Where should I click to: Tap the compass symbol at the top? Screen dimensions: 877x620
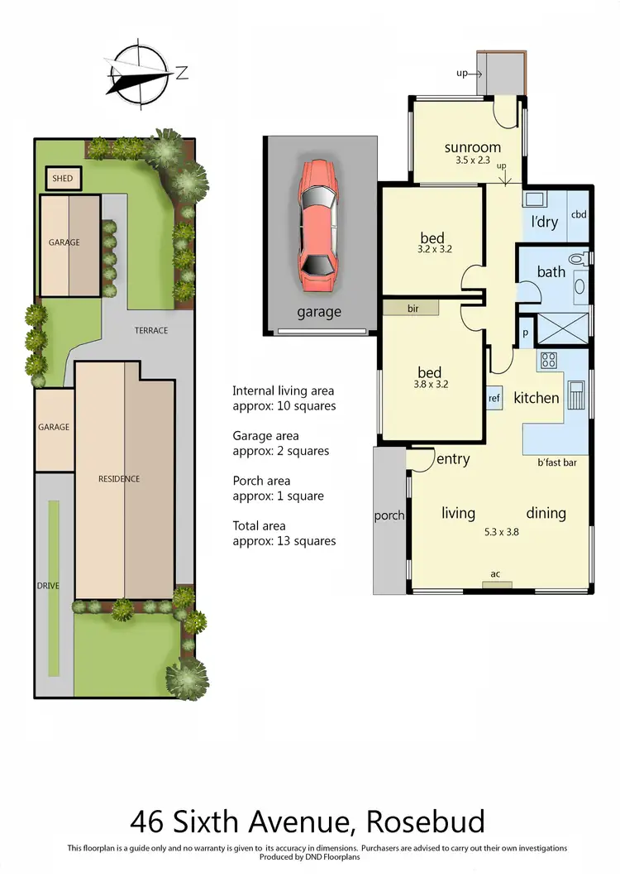pos(139,74)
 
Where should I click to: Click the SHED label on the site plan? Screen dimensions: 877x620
pos(63,179)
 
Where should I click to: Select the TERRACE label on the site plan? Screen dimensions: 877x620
pos(151,330)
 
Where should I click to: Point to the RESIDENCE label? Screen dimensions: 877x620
pos(120,479)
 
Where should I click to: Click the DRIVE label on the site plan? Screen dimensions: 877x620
pos(49,586)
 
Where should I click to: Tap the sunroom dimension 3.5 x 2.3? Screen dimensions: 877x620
pos(473,161)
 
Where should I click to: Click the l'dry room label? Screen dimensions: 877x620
pos(545,223)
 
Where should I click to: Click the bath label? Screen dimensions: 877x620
pos(551,271)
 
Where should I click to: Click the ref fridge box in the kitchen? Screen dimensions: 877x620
pos(494,398)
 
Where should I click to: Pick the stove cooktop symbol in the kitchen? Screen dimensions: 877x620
pos(549,360)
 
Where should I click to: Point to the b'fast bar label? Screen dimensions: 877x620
pos(558,462)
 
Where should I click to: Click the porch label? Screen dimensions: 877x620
pos(389,515)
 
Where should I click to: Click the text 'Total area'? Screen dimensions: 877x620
pos(260,525)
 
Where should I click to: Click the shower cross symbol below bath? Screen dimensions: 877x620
pos(564,329)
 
